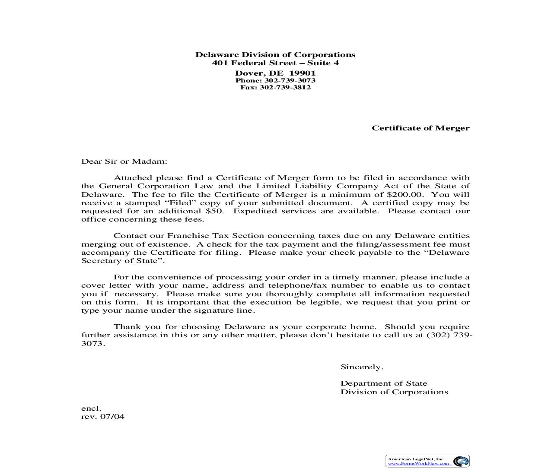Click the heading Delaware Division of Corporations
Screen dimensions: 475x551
[275, 54]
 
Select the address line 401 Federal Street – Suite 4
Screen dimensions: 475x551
[275, 63]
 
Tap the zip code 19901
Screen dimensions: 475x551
[303, 73]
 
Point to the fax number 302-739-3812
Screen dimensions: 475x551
[285, 87]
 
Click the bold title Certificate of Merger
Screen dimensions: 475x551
[420, 128]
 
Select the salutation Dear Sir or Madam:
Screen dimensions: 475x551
[124, 161]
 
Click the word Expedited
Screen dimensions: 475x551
[253, 211]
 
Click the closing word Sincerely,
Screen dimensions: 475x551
[362, 367]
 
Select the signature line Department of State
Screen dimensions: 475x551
[384, 383]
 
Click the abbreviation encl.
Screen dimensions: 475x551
[91, 408]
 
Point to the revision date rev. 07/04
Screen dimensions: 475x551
[103, 417]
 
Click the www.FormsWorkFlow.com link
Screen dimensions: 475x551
[418, 463]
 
